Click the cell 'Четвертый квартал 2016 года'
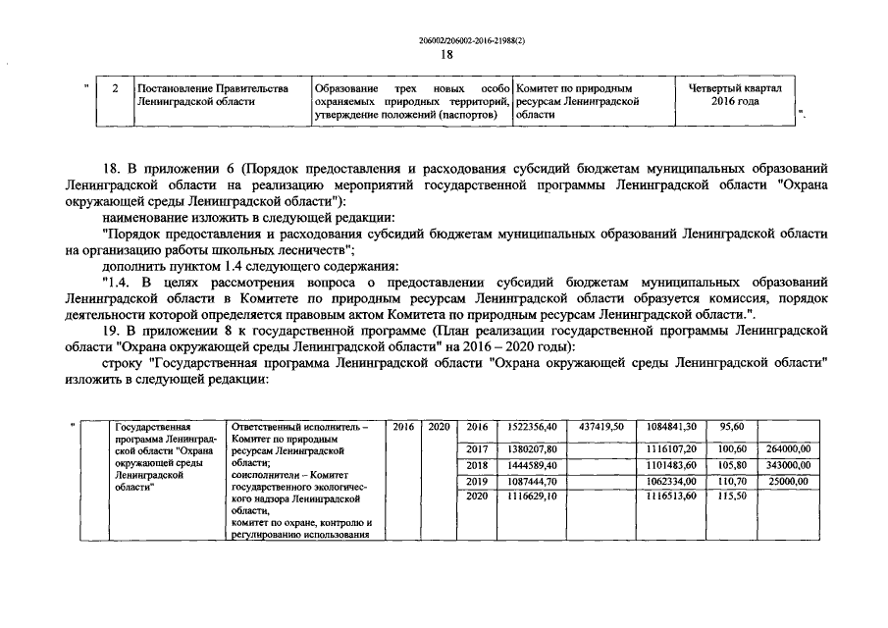(x=735, y=94)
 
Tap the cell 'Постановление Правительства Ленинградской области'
(x=215, y=94)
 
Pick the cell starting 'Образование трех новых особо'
(x=410, y=101)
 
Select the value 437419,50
(x=602, y=427)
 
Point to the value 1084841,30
(x=672, y=427)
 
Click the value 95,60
(x=732, y=427)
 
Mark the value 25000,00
(x=789, y=481)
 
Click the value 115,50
(x=732, y=498)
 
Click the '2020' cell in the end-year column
(x=439, y=427)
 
